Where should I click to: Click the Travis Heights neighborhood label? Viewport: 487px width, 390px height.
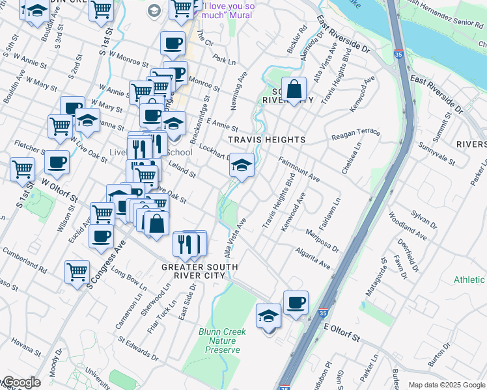coord(266,140)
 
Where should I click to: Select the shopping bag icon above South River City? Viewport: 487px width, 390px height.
coord(294,89)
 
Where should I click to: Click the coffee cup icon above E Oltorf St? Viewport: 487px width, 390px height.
coord(296,303)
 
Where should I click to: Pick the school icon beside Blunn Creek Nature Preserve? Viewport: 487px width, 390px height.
coord(268,317)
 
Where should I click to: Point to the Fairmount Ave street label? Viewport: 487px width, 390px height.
coord(299,168)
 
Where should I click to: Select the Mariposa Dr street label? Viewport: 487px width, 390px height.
coord(322,240)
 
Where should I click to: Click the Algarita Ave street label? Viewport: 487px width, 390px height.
coord(314,261)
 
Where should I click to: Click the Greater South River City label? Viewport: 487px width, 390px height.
coord(199,271)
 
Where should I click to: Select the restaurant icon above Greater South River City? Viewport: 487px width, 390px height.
coord(189,244)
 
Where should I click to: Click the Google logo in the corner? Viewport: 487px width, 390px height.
coord(21,383)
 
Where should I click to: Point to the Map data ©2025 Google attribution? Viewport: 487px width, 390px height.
coord(446,385)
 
